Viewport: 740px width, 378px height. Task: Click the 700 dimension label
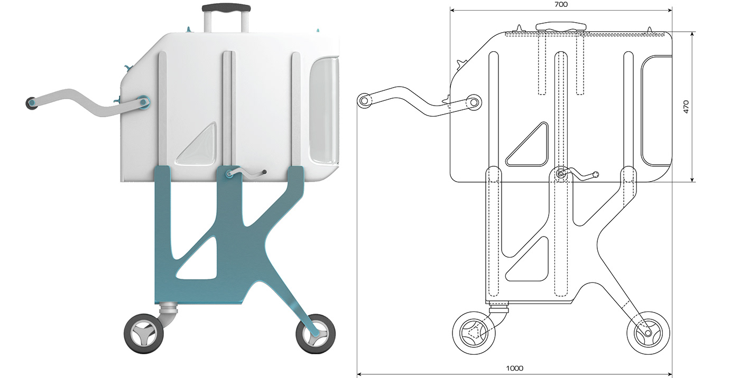point(561,4)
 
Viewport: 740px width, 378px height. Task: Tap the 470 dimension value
point(686,107)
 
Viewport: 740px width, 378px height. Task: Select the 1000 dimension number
point(515,368)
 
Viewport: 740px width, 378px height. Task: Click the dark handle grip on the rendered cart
point(226,7)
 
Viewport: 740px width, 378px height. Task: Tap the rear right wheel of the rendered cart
point(316,334)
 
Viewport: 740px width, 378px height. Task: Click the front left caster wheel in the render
point(144,334)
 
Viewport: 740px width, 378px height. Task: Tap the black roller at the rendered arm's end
point(31,103)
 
